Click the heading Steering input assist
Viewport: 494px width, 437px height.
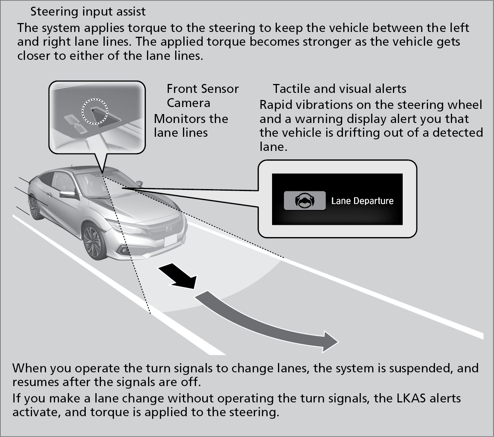pyautogui.click(x=88, y=12)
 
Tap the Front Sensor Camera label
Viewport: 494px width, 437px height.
pyautogui.click(x=202, y=96)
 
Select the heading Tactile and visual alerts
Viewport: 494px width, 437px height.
pyautogui.click(x=339, y=89)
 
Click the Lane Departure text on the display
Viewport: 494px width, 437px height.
pyautogui.click(x=362, y=201)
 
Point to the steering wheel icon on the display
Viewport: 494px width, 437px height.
pyautogui.click(x=305, y=201)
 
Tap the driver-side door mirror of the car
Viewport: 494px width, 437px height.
pyautogui.click(x=68, y=194)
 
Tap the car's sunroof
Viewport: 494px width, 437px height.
pyautogui.click(x=80, y=169)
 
